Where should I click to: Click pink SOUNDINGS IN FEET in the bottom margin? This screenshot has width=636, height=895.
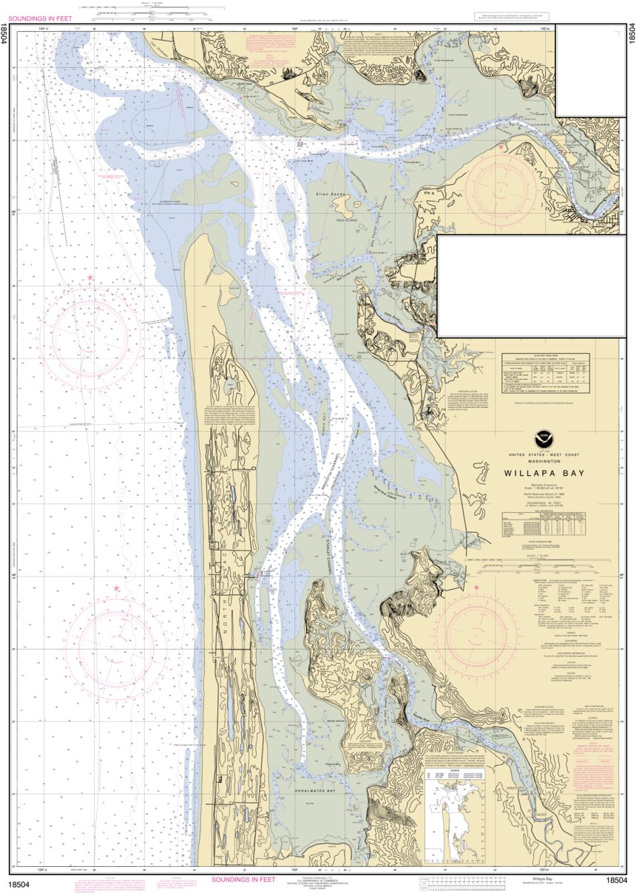coord(243,879)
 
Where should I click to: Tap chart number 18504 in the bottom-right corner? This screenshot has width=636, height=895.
coord(616,880)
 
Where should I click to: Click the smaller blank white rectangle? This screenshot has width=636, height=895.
coord(591,70)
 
